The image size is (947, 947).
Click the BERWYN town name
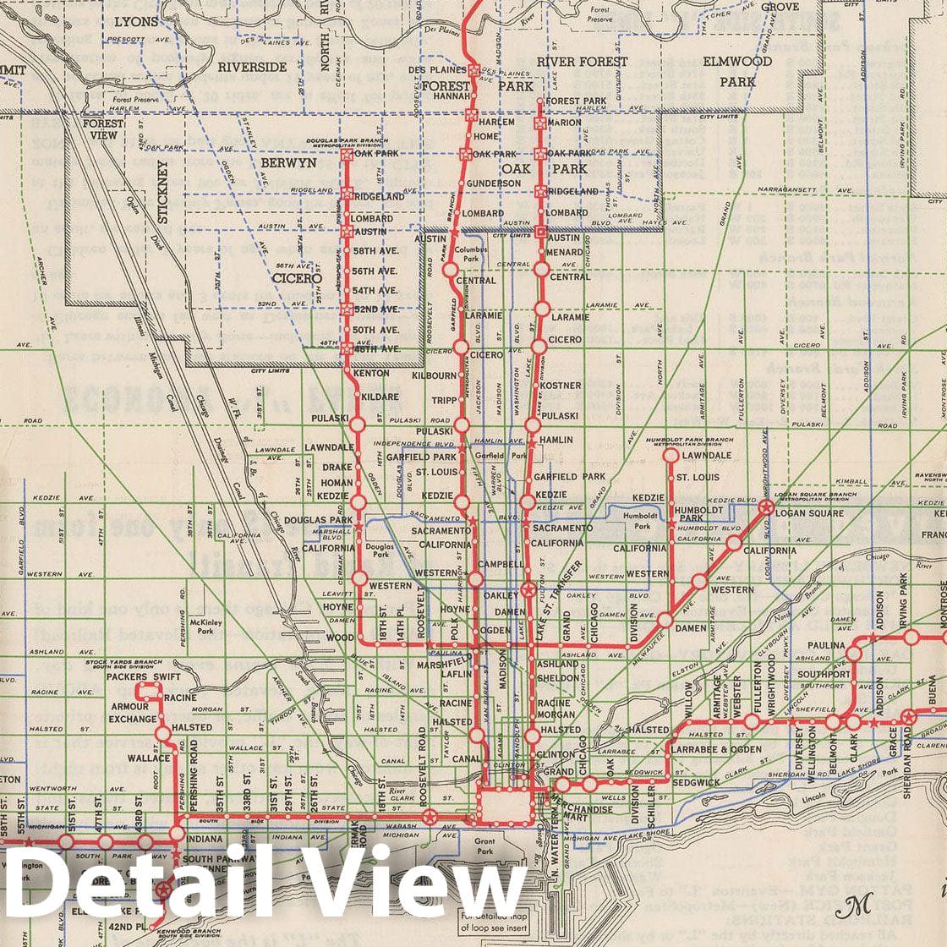[288, 162]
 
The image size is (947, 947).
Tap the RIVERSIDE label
[252, 66]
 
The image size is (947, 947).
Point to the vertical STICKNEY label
[163, 193]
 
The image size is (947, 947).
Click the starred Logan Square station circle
[766, 507]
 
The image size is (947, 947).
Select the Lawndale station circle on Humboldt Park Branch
[671, 456]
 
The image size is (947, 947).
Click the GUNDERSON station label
[493, 183]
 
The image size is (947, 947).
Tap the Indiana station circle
[176, 833]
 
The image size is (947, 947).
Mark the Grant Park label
[484, 846]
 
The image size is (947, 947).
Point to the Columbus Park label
[471, 255]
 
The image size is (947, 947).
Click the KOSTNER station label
[561, 386]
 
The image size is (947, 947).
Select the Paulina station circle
[854, 653]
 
